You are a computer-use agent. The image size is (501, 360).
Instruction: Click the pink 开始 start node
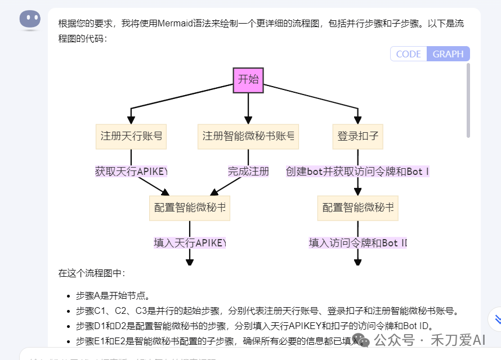tap(248, 80)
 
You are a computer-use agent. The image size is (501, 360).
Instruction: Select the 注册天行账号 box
tap(131, 136)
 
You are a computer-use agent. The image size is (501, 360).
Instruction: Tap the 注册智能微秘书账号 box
tap(248, 136)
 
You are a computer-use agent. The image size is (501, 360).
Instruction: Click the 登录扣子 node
tap(357, 136)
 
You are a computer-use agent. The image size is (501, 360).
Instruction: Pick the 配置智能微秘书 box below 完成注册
tap(190, 208)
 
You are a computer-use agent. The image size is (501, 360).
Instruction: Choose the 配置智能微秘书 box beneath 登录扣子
tap(357, 208)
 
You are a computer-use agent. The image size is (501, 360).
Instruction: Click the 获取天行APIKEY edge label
tap(131, 172)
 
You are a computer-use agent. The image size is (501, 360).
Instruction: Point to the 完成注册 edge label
tap(248, 172)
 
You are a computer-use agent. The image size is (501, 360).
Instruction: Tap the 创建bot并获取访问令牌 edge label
tap(357, 172)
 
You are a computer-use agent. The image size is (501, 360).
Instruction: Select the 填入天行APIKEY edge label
tap(190, 243)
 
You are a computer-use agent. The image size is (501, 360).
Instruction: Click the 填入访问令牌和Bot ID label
tap(357, 243)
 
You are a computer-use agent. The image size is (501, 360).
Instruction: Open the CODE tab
tap(409, 54)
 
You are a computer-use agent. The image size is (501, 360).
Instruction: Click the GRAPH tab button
tap(448, 54)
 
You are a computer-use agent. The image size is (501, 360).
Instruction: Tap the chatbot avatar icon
tap(30, 20)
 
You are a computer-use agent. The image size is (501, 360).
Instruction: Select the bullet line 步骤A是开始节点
tap(113, 295)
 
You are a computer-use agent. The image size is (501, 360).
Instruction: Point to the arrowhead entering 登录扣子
tap(357, 120)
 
